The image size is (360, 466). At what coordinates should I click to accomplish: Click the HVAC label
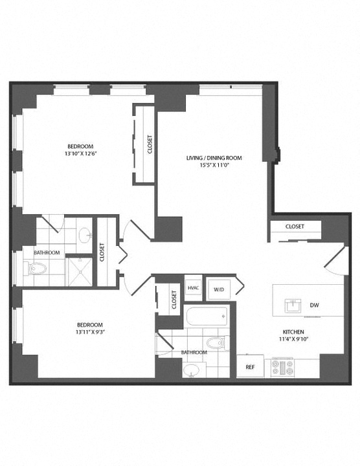pos(193,288)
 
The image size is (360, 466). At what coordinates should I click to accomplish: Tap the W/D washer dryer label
pos(219,289)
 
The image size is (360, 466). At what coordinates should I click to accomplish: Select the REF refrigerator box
pos(251,366)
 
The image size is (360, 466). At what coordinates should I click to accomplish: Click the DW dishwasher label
pos(315,305)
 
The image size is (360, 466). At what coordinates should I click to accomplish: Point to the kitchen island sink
pos(293,305)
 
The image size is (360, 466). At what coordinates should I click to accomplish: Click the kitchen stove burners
pos(282,368)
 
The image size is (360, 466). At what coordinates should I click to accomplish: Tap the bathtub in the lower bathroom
pos(207,316)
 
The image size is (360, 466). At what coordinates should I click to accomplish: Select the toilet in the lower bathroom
pos(218,342)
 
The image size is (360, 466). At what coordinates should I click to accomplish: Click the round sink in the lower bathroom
pos(192,370)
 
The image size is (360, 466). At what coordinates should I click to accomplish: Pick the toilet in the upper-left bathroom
pos(35,269)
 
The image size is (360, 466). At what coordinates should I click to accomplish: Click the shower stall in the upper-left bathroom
pos(80,272)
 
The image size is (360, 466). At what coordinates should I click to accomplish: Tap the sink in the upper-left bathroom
pos(85,235)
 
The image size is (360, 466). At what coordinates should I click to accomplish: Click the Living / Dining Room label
pos(214,158)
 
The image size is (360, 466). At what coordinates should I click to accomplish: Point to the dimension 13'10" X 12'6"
pos(80,153)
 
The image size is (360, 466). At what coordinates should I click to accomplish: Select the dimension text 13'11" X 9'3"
pos(91,332)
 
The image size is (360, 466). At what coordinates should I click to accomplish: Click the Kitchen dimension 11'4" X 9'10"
pos(293,338)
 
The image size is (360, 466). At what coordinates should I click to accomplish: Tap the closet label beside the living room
pos(150,144)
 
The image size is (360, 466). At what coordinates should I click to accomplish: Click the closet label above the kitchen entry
pos(295,227)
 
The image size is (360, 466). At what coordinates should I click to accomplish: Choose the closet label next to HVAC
pos(174,300)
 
